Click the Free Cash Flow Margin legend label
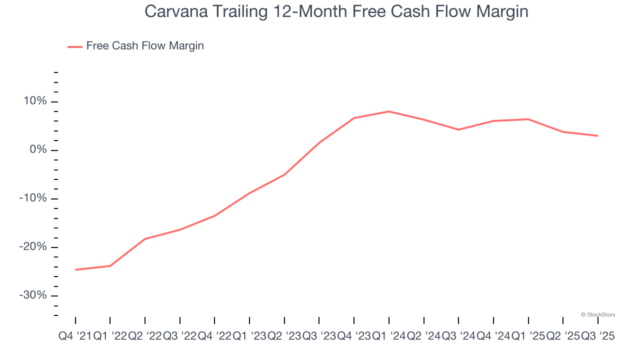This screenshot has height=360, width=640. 145,46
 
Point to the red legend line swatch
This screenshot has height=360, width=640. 75,46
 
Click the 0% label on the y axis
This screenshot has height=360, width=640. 37,150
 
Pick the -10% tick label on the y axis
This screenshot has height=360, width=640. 33,198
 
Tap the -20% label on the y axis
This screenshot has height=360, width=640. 33,247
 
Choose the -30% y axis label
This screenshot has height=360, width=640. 33,295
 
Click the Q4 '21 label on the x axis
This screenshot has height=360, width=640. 75,336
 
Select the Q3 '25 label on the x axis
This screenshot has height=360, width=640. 597,336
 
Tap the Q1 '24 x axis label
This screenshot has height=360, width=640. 388,336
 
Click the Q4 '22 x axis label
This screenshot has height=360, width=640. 214,336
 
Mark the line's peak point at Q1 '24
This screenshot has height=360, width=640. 389,111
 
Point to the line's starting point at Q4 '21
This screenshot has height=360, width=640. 75,269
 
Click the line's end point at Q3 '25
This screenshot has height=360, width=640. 597,135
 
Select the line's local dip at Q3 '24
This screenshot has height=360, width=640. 458,129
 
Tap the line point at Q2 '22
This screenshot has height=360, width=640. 145,238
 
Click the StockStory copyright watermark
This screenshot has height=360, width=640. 598,314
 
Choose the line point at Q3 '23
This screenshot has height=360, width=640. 319,142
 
